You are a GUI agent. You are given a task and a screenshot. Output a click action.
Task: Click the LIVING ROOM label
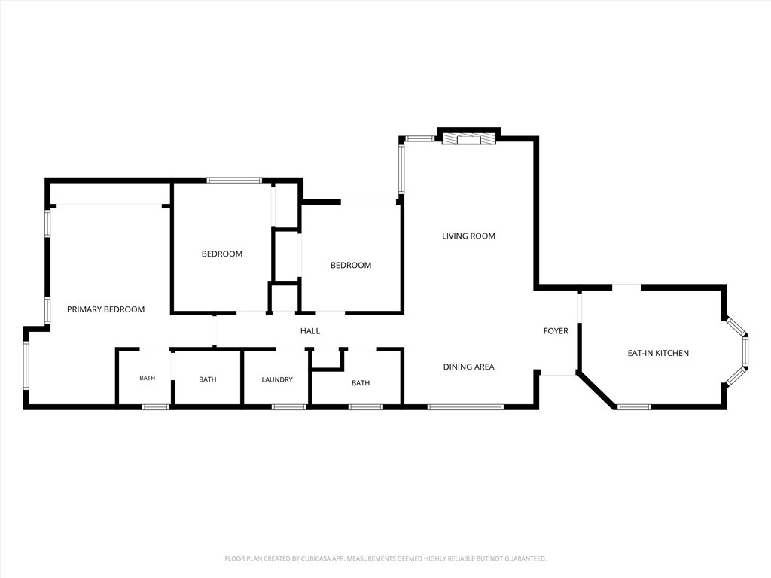click(x=468, y=236)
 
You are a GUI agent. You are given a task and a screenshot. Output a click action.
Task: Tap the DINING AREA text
click(x=468, y=367)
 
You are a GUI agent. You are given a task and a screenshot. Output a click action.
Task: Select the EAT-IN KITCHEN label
click(x=658, y=353)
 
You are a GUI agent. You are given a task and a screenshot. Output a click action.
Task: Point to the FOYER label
click(x=556, y=331)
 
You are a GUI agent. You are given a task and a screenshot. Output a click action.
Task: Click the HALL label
click(x=310, y=331)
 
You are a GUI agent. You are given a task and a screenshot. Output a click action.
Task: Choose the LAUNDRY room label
click(x=277, y=379)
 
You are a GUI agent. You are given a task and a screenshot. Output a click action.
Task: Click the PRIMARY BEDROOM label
click(x=105, y=309)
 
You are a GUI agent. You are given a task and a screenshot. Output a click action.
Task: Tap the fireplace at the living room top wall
click(x=468, y=138)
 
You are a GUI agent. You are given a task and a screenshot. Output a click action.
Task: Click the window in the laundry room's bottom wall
click(x=289, y=407)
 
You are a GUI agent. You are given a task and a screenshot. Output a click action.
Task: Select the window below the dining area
click(x=465, y=407)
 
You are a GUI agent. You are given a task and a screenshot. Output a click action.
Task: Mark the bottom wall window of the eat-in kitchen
click(x=634, y=407)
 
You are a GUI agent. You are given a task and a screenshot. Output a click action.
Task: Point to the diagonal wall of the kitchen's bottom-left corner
click(x=596, y=391)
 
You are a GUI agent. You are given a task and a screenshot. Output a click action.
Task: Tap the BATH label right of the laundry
click(x=361, y=383)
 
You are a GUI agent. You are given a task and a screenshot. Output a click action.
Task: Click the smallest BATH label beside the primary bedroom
click(x=147, y=378)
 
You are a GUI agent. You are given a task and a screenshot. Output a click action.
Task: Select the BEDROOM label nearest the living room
click(x=351, y=266)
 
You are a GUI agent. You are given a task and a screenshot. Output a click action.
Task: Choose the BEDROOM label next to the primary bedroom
click(x=222, y=254)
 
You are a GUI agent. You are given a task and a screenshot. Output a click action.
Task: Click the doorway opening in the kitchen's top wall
click(x=626, y=287)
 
